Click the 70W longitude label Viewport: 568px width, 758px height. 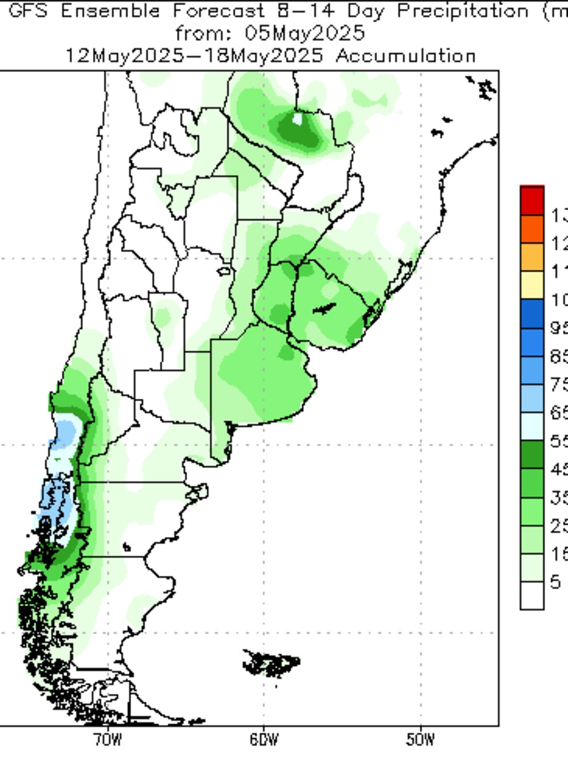pos(108,740)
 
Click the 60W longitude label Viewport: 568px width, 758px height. pos(264,740)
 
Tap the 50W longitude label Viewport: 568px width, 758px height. pos(420,740)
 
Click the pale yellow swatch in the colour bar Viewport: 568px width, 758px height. pos(532,285)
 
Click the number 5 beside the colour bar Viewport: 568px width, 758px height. pos(555,583)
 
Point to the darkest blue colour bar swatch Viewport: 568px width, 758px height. pos(532,313)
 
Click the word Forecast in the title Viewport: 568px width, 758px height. pos(218,11)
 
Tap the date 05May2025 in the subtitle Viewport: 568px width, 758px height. pos(305,33)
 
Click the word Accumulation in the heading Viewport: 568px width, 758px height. pos(405,56)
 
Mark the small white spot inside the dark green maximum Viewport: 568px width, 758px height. pos(297,119)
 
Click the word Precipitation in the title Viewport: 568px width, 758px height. pos(463,11)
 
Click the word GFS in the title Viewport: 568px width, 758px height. pos(29,11)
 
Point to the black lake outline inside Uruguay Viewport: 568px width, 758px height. pos(324,309)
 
